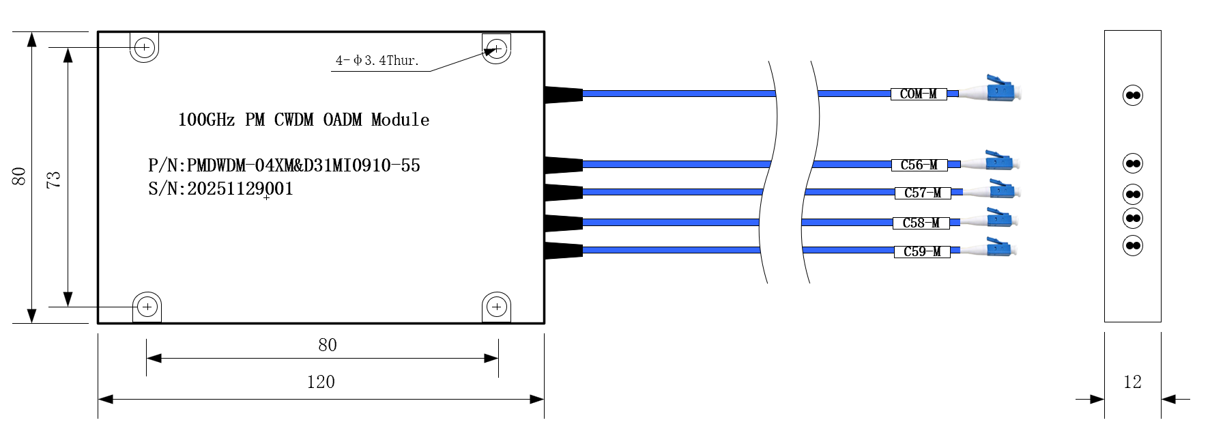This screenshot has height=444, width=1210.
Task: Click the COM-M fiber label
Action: pos(919,94)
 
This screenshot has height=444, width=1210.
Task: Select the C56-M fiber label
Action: pos(919,165)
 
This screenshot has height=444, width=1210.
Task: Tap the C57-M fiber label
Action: pos(923,193)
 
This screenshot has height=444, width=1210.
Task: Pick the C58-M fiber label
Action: pos(921,223)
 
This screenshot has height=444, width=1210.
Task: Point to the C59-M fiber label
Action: pos(922,252)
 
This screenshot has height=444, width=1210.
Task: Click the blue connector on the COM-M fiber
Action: pos(1000,89)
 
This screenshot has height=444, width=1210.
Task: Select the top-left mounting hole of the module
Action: pos(144,48)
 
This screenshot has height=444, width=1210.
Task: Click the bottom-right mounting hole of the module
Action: pos(497,307)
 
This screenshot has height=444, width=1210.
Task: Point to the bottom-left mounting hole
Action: pos(147,307)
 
